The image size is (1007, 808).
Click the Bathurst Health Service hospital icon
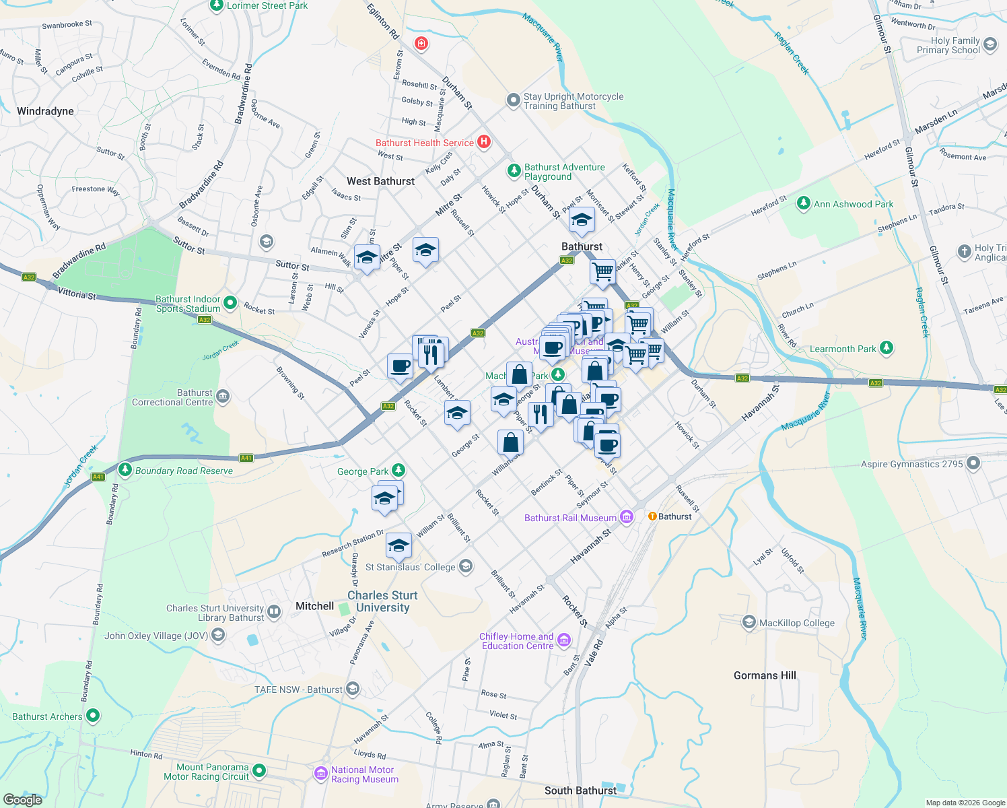click(483, 142)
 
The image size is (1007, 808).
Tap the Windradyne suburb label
click(45, 111)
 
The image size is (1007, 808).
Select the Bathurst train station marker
click(652, 516)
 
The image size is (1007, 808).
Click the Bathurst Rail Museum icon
click(627, 517)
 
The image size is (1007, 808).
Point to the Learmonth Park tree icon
click(887, 348)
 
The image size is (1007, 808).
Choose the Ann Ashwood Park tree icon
click(803, 203)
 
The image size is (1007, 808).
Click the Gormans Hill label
click(765, 675)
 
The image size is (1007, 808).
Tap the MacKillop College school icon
click(749, 623)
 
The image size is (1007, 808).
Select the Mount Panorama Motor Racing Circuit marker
click(259, 771)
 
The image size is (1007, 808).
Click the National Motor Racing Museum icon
click(321, 774)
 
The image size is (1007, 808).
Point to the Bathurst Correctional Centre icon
click(223, 397)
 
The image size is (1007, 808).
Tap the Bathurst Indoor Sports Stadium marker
click(230, 304)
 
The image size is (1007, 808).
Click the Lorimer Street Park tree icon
click(216, 5)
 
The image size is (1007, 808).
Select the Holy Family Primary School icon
click(989, 45)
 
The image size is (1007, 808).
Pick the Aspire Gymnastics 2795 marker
click(973, 463)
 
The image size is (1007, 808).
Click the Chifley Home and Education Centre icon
click(564, 640)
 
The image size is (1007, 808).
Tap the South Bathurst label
click(580, 790)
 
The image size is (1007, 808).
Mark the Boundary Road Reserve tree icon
click(125, 470)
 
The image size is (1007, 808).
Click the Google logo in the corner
click(23, 799)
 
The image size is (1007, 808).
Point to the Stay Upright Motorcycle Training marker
click(514, 100)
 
